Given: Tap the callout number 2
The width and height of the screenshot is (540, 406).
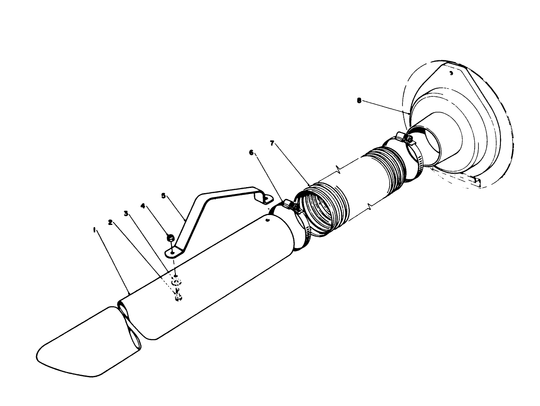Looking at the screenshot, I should [111, 222].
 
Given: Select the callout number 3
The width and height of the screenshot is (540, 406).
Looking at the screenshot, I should [126, 213].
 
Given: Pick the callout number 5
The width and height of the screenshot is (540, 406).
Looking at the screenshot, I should [163, 195].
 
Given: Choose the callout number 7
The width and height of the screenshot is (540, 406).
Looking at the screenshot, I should [272, 143].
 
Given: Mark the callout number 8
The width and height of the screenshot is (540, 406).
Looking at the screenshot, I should [360, 101].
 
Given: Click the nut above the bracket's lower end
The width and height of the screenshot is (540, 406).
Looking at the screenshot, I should [170, 237].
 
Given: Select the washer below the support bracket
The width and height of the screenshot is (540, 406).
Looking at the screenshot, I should [176, 282].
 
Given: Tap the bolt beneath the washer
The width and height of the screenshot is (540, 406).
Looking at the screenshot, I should [178, 297].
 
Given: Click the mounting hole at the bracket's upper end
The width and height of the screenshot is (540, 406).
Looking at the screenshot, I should [267, 199].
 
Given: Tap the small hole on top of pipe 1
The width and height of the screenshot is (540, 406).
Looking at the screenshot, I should [267, 220].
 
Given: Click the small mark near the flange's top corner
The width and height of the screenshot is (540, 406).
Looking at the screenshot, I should [451, 74].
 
